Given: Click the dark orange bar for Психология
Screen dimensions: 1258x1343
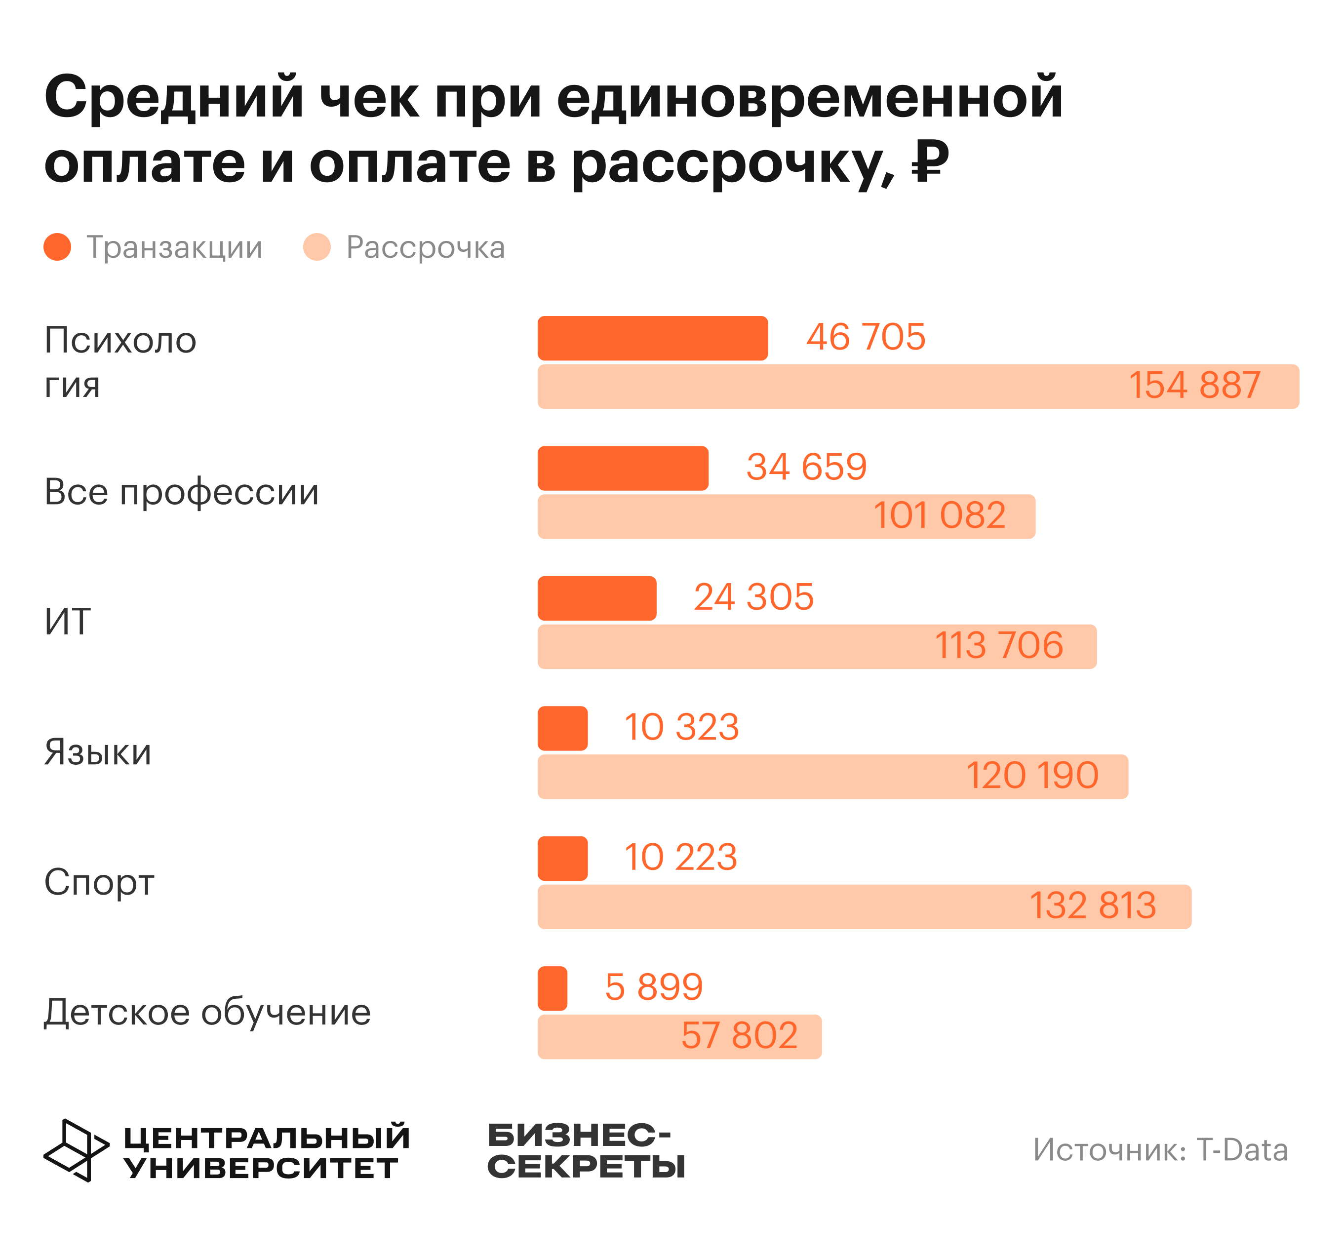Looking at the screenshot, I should tap(653, 338).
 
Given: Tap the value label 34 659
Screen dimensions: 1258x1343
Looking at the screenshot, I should tap(807, 467).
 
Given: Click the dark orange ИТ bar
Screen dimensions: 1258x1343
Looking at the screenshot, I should tap(597, 598).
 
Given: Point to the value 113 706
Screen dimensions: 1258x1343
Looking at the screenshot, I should tap(998, 645).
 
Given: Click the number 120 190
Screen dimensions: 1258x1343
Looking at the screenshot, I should tap(1032, 776).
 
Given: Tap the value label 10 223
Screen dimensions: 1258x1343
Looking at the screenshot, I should tap(680, 858).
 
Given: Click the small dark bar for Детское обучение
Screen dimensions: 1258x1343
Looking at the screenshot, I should tap(553, 988).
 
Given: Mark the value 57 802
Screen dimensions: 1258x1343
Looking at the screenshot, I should tap(739, 1036).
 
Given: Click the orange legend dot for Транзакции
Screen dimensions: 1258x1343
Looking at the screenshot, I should tap(57, 247).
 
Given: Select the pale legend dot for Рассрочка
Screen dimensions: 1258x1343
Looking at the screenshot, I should tap(317, 247).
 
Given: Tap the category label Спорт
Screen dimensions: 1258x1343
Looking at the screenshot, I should tap(99, 882).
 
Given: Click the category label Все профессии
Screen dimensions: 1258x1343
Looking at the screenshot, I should tap(181, 492).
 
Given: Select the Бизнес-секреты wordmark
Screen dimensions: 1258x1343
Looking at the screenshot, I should tap(586, 1150).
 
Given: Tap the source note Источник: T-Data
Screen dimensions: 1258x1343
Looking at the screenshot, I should tap(1160, 1150).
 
